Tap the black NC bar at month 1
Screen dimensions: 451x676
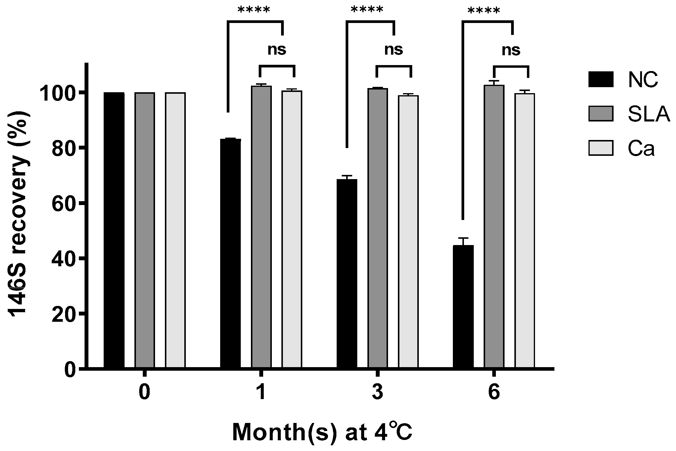[230, 254]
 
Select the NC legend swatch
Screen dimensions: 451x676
[601, 79]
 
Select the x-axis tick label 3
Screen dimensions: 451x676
[378, 393]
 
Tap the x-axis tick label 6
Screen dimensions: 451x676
[494, 393]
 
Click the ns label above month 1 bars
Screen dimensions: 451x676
[277, 50]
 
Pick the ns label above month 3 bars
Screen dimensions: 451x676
[394, 50]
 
